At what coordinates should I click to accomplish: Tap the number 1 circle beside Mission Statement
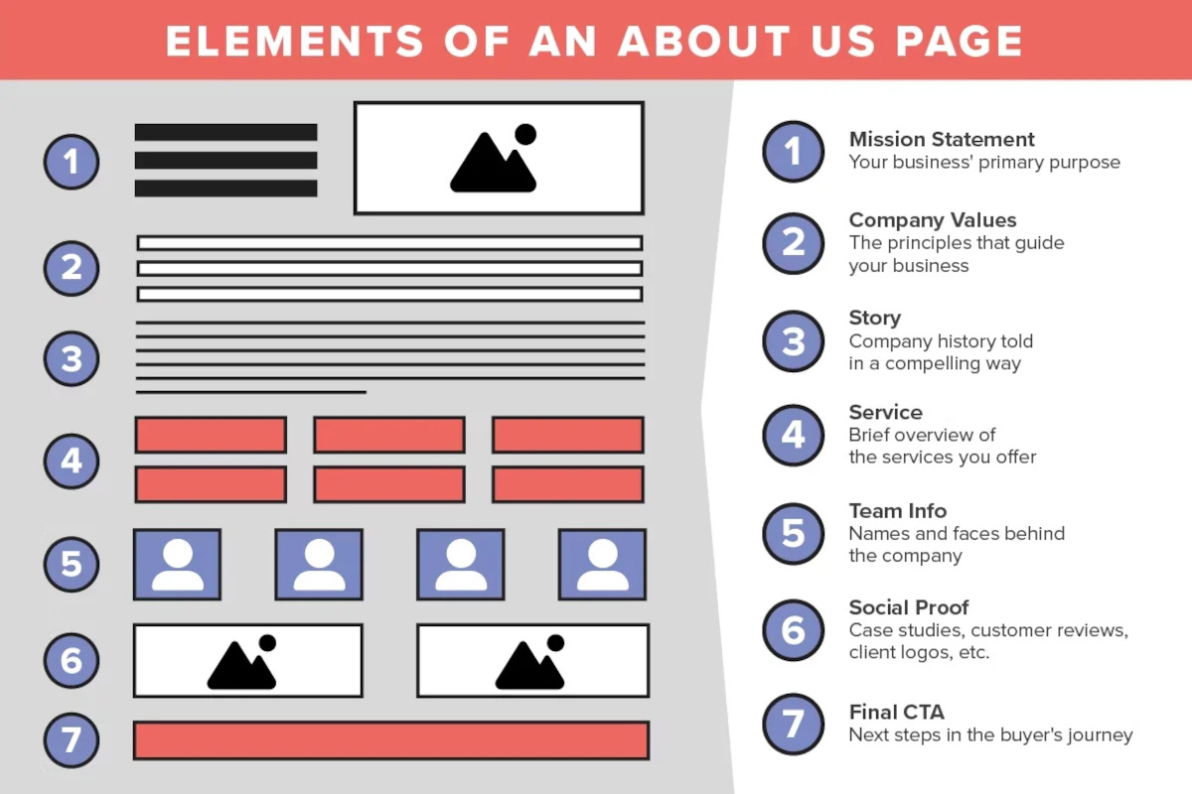coord(793,152)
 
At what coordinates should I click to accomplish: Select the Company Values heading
coord(933,220)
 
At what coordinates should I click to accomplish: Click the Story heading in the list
coord(874,318)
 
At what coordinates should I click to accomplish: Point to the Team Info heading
coord(898,511)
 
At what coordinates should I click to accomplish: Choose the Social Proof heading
coord(908,607)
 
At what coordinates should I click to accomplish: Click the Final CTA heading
coord(896,712)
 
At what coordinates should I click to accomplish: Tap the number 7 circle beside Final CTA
coord(793,724)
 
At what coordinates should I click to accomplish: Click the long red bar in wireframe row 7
coord(390,740)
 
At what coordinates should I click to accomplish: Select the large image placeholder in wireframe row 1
coord(499,158)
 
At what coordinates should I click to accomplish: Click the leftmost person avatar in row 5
coord(177,565)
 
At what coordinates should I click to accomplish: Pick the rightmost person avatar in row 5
coord(602,565)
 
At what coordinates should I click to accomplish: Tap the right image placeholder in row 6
coord(532,661)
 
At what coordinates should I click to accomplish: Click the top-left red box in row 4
coord(211,435)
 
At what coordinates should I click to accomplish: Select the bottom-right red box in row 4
coord(568,484)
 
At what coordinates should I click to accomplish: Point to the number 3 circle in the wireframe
coord(72,358)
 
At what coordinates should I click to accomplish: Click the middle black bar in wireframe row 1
coord(225,160)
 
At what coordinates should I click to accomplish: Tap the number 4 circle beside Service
coord(793,435)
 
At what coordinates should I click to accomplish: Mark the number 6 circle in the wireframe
coord(72,660)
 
